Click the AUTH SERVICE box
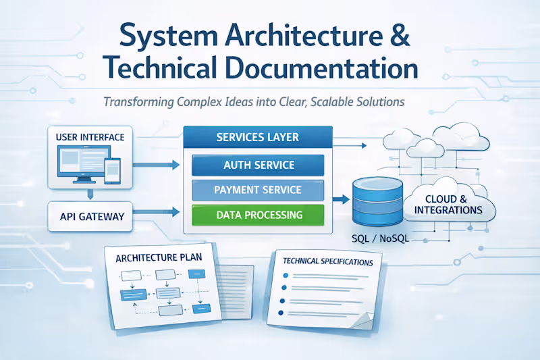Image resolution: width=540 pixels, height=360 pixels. [x=258, y=165]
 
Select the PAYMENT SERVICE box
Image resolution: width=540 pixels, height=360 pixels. [x=258, y=190]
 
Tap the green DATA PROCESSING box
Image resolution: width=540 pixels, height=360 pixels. [x=258, y=215]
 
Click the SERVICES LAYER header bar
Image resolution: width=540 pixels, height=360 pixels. [x=258, y=138]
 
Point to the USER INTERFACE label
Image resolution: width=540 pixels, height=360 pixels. [x=90, y=137]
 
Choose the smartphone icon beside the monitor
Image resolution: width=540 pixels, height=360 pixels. [x=113, y=171]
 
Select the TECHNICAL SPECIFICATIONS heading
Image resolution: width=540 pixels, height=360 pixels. [x=328, y=261]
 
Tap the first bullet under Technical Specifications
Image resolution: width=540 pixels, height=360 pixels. [x=286, y=276]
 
